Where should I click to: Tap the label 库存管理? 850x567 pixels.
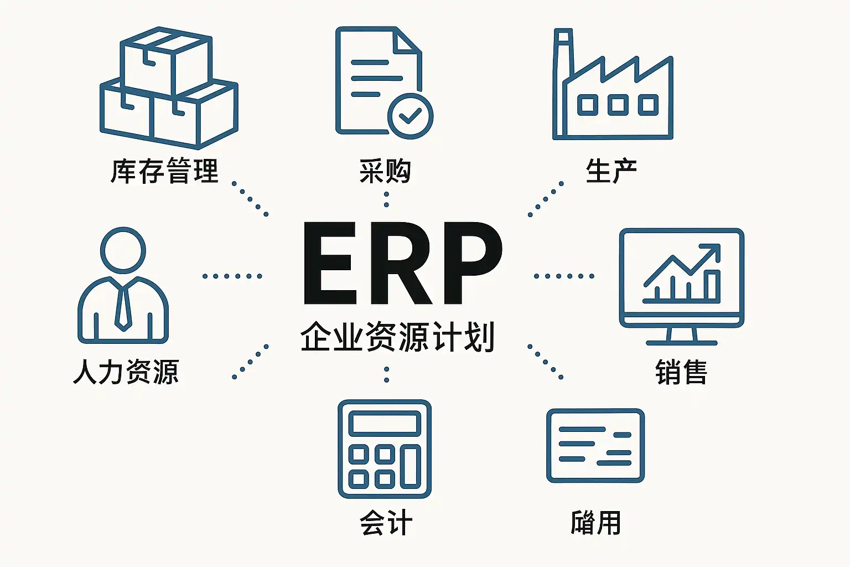tap(164, 171)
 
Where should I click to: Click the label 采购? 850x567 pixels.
tap(385, 171)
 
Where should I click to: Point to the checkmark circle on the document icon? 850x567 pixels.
tap(410, 116)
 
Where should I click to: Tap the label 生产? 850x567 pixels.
tap(611, 171)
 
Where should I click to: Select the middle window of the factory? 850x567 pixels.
tap(618, 105)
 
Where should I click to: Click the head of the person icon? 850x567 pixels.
tap(123, 250)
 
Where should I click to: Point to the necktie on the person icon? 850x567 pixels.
tap(123, 307)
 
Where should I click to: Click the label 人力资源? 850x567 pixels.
tap(126, 372)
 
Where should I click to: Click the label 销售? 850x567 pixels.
tap(681, 372)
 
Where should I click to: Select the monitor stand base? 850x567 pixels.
tap(681, 342)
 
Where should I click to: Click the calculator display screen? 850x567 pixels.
tap(384, 424)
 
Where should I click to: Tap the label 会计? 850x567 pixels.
tap(385, 523)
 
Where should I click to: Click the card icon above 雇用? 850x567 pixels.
tap(595, 446)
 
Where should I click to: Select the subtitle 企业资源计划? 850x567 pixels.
tap(397, 337)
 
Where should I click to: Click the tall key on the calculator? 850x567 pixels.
tap(411, 466)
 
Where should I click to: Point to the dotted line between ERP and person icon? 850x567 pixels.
tap(232, 276)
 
